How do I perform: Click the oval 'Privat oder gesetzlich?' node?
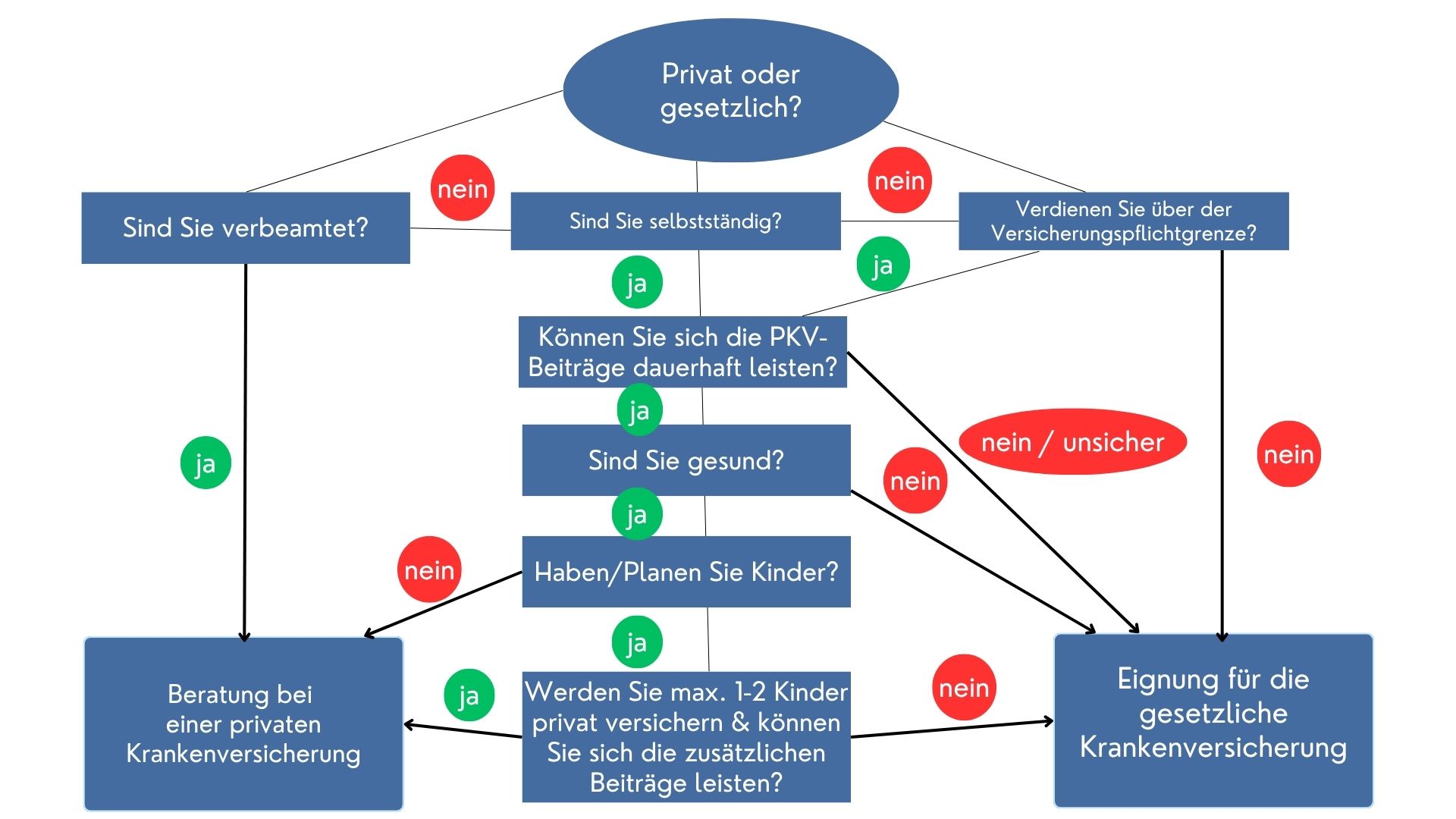[730, 89]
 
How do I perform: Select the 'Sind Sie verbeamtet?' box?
[245, 227]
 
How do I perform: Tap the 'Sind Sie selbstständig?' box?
[675, 221]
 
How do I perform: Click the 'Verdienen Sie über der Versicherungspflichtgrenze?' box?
[1123, 221]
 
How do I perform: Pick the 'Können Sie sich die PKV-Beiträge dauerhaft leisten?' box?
[682, 352]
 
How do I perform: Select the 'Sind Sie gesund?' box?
[686, 460]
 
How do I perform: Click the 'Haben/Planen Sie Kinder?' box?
[686, 572]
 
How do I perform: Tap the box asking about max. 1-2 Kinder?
[686, 736]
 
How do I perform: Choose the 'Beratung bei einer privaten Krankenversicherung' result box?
[243, 723]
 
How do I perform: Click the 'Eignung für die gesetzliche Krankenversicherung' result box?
[1213, 720]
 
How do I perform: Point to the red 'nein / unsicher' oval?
[1072, 442]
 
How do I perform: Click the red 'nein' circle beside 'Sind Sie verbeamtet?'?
[463, 188]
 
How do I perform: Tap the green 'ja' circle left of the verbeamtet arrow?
[206, 463]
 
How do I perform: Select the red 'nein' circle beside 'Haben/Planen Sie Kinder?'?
[429, 570]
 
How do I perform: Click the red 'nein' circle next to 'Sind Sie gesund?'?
[915, 481]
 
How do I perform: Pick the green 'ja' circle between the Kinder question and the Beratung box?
[469, 695]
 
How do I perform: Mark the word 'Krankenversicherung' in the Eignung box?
[1213, 747]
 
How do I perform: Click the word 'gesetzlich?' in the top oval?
[730, 108]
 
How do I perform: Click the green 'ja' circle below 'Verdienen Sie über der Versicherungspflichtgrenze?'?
[883, 265]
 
